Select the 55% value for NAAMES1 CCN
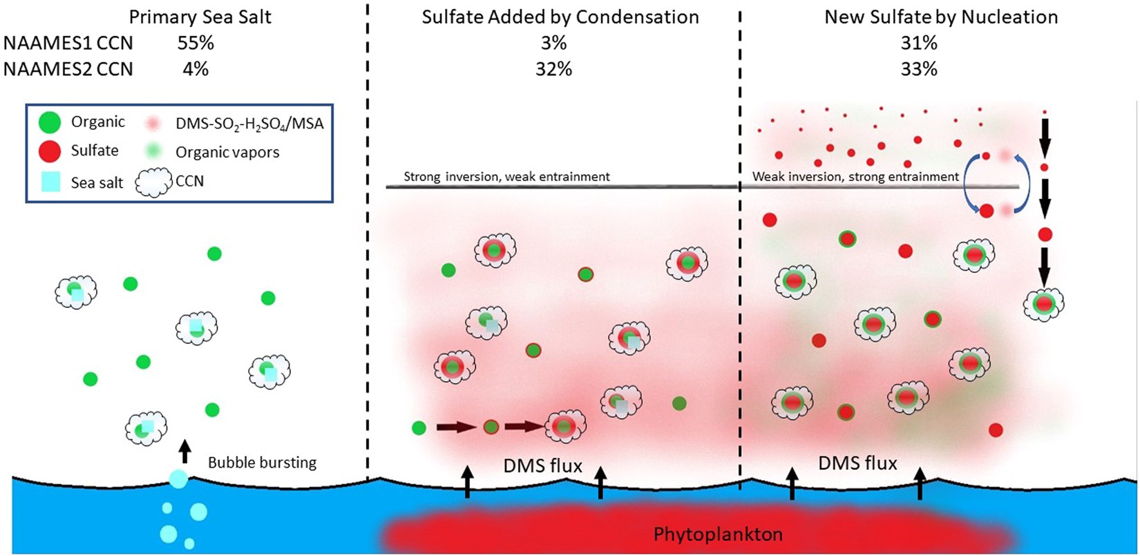(x=195, y=44)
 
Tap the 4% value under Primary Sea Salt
(x=195, y=69)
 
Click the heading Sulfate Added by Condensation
(x=560, y=17)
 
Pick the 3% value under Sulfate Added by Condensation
(x=553, y=44)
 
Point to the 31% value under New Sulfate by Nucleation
(x=919, y=44)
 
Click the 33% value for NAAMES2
(x=919, y=69)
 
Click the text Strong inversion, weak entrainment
(x=506, y=177)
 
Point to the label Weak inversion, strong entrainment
(x=855, y=177)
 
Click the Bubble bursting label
(x=263, y=463)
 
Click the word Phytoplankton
(x=718, y=534)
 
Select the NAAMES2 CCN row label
(x=68, y=69)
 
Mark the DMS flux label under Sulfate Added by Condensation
(x=543, y=467)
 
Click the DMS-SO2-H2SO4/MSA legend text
(x=249, y=124)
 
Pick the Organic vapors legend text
(x=227, y=152)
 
